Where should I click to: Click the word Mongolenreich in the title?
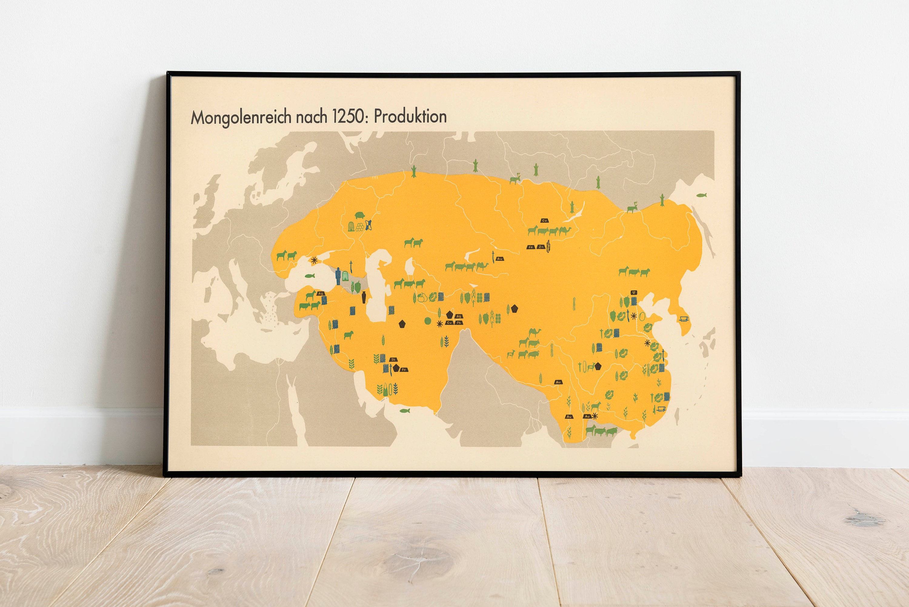click(x=241, y=117)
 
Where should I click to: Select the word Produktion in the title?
click(x=410, y=116)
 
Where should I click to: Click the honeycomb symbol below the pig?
click(x=360, y=227)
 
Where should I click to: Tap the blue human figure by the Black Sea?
click(x=338, y=276)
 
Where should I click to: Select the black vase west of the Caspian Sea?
click(x=364, y=297)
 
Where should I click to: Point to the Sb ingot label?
click(x=393, y=360)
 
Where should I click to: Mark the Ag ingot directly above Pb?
click(x=459, y=316)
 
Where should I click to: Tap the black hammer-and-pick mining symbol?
click(x=634, y=293)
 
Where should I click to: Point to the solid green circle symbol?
click(x=428, y=320)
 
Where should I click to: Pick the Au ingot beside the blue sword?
click(x=500, y=259)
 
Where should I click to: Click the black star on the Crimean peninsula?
click(x=314, y=260)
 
